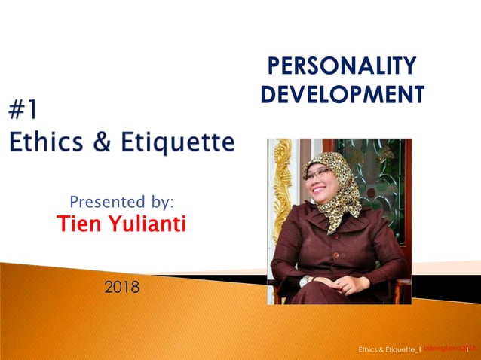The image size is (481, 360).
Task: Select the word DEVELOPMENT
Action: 342,95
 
